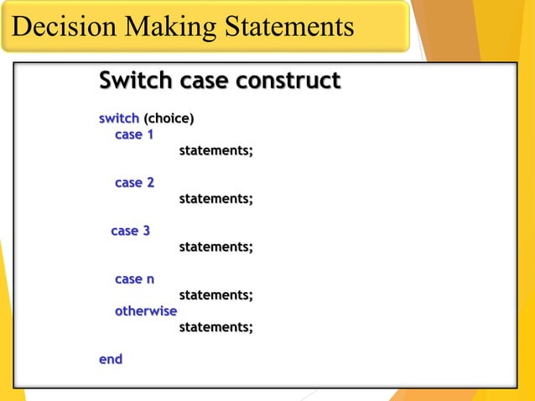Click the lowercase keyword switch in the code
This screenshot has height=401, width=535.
coord(118,118)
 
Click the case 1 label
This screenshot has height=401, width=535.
coord(134,134)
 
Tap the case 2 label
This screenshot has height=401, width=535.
coord(134,182)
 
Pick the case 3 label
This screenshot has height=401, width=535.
coord(131,230)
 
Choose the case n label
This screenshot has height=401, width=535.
coord(134,279)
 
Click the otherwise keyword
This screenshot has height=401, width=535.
coord(146,311)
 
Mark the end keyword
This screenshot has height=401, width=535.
coord(111,359)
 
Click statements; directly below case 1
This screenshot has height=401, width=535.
coord(216,151)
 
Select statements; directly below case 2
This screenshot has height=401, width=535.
coord(216,199)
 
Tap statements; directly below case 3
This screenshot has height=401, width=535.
coord(216,247)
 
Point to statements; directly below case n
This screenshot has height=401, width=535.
coord(216,295)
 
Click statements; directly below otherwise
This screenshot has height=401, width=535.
coord(216,327)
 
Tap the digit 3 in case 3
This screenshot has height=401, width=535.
coord(146,230)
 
